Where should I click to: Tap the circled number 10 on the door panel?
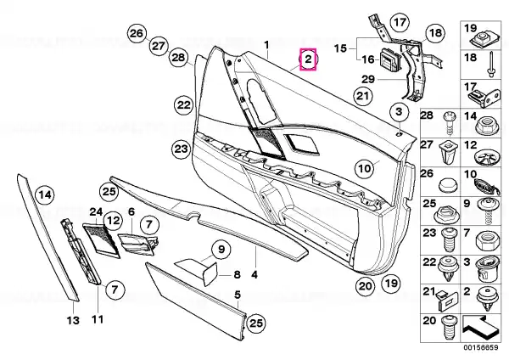point(365,168)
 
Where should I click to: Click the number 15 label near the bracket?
point(340,49)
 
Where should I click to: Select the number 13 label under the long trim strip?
point(72,320)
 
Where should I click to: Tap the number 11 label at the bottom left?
point(97,320)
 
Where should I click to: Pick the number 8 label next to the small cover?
point(238,274)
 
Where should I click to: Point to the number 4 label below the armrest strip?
point(254,252)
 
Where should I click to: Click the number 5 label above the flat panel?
point(238,295)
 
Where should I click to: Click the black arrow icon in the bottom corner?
point(481,324)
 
